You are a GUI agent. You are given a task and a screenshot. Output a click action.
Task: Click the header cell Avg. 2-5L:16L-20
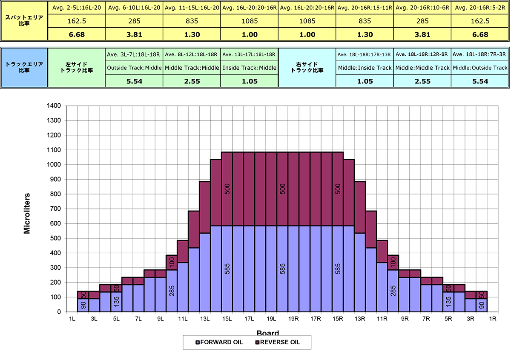point(77,8)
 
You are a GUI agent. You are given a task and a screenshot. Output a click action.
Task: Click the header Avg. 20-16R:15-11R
point(365,8)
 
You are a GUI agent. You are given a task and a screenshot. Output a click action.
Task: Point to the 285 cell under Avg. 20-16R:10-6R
point(422,21)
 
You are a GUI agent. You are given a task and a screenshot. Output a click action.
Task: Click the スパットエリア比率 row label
point(24,21)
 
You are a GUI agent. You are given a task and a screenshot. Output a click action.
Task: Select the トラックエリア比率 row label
point(24,68)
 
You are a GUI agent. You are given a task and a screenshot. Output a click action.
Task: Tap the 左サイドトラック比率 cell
point(77,68)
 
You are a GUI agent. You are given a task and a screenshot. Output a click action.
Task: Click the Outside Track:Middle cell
point(134,68)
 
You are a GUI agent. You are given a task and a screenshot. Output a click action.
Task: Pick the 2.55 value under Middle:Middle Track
point(422,81)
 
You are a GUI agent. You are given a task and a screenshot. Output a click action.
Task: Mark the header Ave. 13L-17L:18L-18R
point(250,54)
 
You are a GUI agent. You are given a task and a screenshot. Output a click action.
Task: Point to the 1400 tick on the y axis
point(55,106)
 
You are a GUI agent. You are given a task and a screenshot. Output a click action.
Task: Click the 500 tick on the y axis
point(57,238)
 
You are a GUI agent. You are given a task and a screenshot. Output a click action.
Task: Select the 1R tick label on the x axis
point(493,319)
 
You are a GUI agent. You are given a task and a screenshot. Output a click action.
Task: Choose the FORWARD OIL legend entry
point(219,342)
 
